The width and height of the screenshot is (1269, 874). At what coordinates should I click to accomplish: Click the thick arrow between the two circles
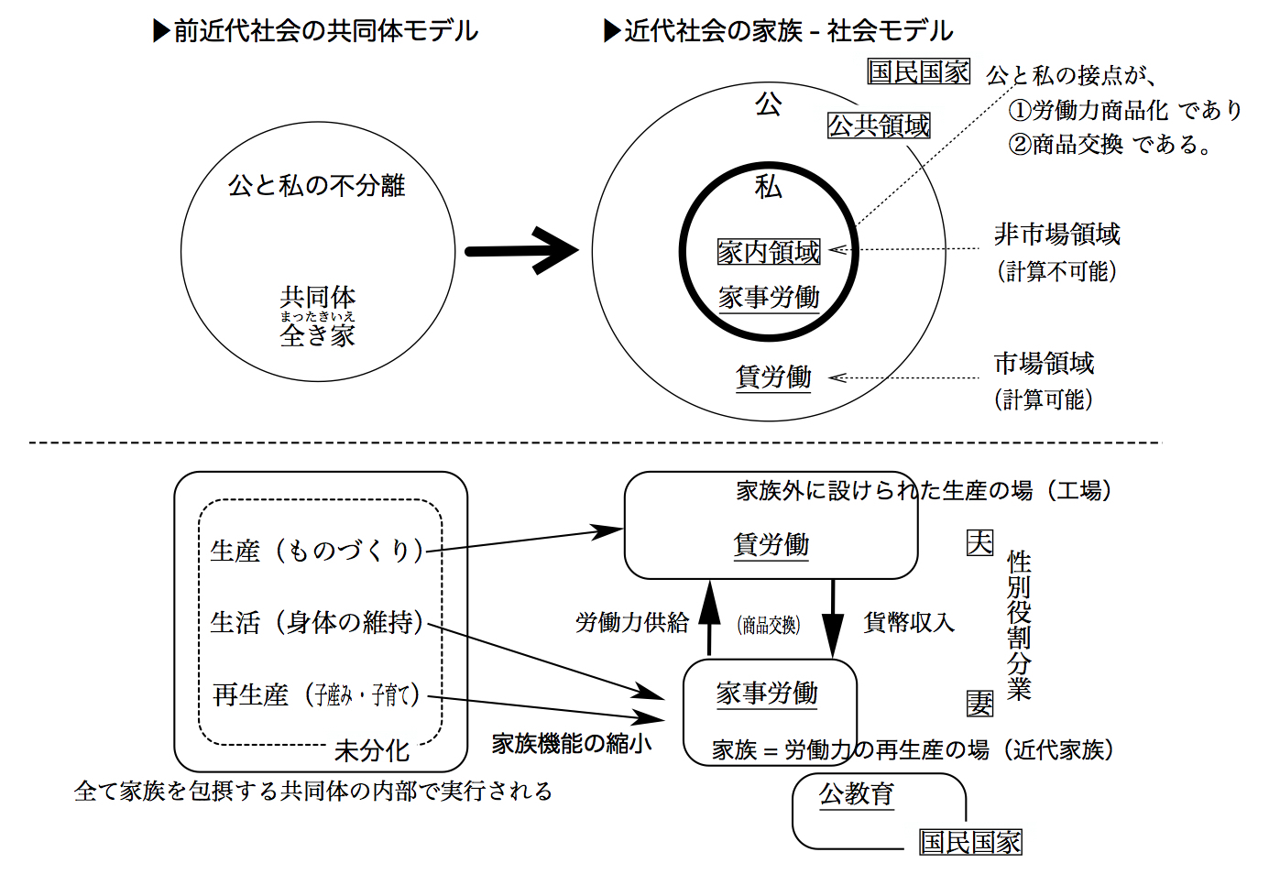tap(520, 250)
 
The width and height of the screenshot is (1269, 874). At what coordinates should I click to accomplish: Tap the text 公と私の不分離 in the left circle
tap(316, 186)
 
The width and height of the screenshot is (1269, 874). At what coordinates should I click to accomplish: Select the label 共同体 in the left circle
tap(318, 297)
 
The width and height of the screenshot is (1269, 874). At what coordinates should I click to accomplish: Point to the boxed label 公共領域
tap(879, 126)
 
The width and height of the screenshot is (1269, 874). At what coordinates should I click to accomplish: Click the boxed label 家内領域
tap(769, 252)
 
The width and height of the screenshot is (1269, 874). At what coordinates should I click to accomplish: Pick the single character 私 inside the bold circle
tap(768, 188)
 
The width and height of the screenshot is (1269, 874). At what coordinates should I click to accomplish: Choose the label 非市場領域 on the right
tap(1057, 235)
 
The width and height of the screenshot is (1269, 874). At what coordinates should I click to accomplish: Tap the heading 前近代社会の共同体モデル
tap(325, 31)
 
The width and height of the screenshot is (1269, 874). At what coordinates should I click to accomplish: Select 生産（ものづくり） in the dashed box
tap(317, 551)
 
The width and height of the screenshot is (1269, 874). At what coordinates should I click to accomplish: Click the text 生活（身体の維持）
tap(317, 623)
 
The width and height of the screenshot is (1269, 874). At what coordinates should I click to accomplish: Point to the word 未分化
tap(371, 751)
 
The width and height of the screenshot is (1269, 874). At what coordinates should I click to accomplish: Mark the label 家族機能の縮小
tap(572, 743)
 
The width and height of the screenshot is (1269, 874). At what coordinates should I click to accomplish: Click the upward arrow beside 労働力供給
tap(710, 617)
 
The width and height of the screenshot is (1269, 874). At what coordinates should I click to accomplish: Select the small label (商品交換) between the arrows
tap(769, 625)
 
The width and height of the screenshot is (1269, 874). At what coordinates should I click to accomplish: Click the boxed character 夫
tap(979, 543)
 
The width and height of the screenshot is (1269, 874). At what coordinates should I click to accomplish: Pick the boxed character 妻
tap(979, 703)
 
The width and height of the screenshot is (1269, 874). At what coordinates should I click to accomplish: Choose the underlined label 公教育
tap(857, 793)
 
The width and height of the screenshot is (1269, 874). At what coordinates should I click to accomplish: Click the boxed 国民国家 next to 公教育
tap(970, 842)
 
